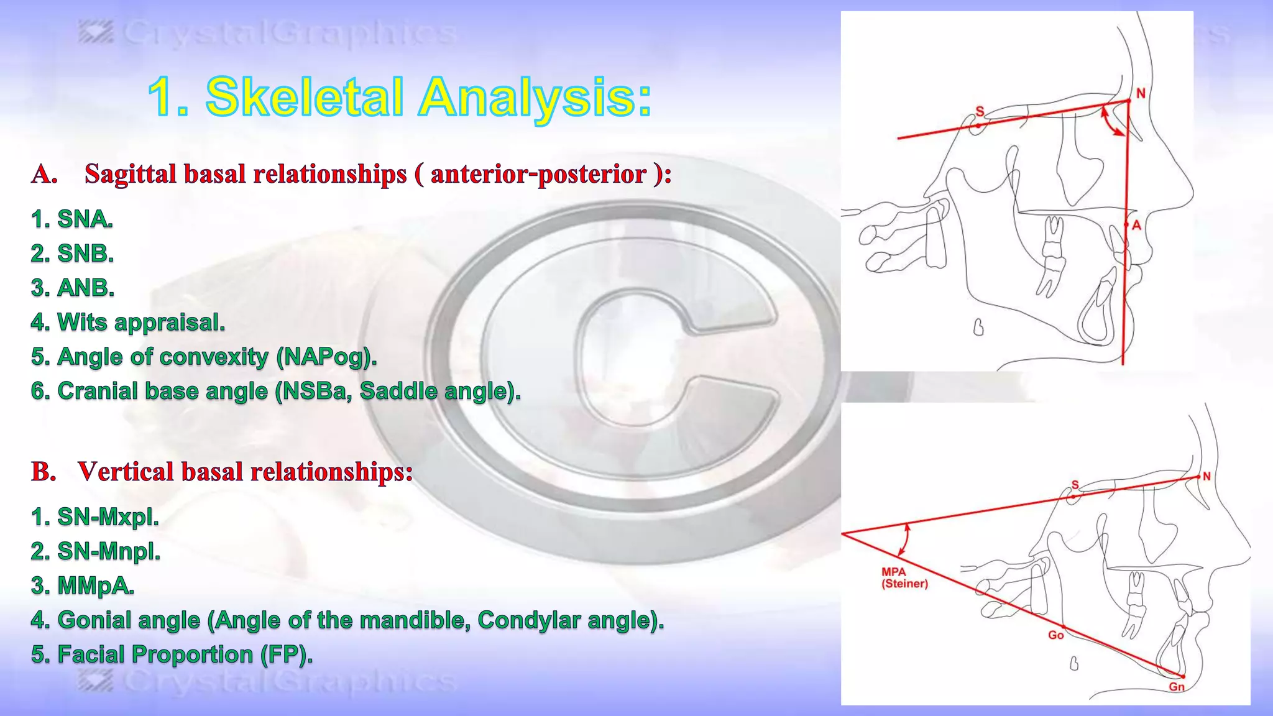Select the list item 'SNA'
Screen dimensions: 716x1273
coord(72,219)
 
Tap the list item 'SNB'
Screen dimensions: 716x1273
coord(73,254)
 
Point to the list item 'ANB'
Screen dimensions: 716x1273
coord(73,288)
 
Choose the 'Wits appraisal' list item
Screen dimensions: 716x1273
coord(128,322)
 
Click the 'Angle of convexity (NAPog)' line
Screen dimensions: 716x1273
coord(204,357)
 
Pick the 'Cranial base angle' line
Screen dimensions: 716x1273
coord(276,391)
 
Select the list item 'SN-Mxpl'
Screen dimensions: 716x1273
coord(95,517)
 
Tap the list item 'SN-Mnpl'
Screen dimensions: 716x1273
coord(96,551)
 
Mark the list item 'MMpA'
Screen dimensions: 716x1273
coord(83,585)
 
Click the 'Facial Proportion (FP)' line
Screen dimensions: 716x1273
coord(172,654)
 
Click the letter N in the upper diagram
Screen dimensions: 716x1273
coord(1141,93)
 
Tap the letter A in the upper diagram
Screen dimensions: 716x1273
coord(1136,225)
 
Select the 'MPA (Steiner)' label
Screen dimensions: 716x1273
coord(904,578)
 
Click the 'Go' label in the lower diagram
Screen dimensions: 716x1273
coord(1055,635)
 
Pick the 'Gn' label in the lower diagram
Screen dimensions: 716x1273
coord(1176,687)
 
